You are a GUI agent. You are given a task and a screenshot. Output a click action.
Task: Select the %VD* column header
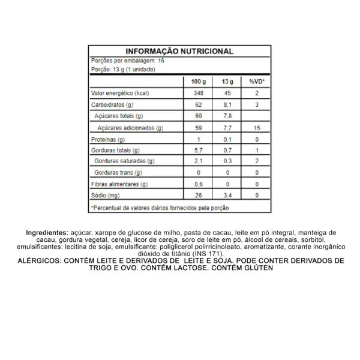tap(256, 81)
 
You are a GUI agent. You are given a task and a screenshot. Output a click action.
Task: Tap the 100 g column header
tap(198, 81)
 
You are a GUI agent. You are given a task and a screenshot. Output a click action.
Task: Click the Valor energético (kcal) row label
tap(119, 93)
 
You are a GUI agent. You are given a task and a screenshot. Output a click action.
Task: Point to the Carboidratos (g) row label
tap(112, 104)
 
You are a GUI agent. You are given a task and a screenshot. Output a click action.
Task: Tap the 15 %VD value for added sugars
tap(256, 128)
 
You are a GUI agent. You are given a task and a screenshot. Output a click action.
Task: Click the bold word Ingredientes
tap(47, 232)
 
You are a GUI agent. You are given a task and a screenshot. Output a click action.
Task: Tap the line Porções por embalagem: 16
tap(127, 61)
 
